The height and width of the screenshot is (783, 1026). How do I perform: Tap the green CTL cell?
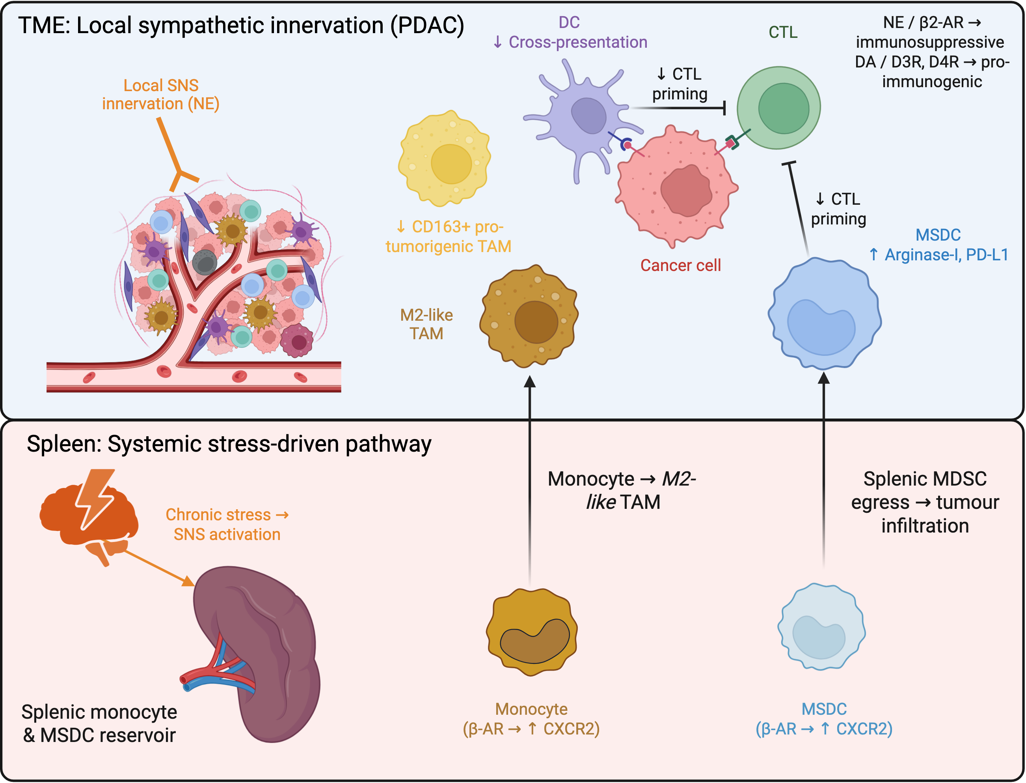tap(779, 108)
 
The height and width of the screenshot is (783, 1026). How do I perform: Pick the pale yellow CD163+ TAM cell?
tap(445, 159)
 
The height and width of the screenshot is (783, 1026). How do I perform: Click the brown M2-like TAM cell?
tap(529, 316)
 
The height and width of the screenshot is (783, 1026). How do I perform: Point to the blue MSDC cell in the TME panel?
tap(824, 313)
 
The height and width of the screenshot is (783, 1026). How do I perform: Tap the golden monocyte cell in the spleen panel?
tap(532, 632)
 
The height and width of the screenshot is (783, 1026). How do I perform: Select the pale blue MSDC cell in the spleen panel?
tap(821, 626)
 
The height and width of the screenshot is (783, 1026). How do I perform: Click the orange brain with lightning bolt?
tap(88, 515)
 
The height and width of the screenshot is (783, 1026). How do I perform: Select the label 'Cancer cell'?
tap(680, 265)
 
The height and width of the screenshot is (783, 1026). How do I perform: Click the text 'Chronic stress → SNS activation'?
tap(227, 524)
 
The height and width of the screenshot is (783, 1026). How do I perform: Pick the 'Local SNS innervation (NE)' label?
tap(161, 94)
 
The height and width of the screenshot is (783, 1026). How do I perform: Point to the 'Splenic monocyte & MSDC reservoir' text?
tap(99, 723)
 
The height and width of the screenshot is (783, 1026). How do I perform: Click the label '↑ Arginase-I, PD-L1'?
tap(938, 254)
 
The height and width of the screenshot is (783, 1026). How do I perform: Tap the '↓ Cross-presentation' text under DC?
tap(570, 42)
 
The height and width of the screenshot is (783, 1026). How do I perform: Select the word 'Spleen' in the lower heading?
tap(64, 444)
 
